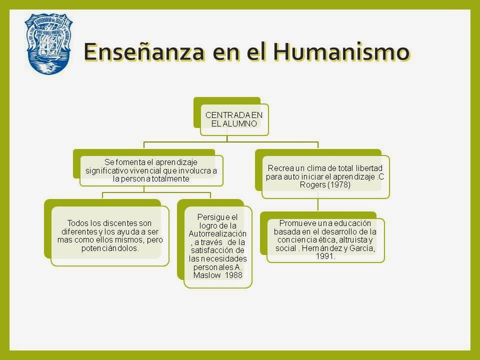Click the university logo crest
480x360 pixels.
(49, 44)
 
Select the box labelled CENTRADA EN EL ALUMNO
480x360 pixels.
(234, 119)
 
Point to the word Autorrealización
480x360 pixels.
(217, 233)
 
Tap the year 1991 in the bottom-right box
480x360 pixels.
(325, 256)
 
